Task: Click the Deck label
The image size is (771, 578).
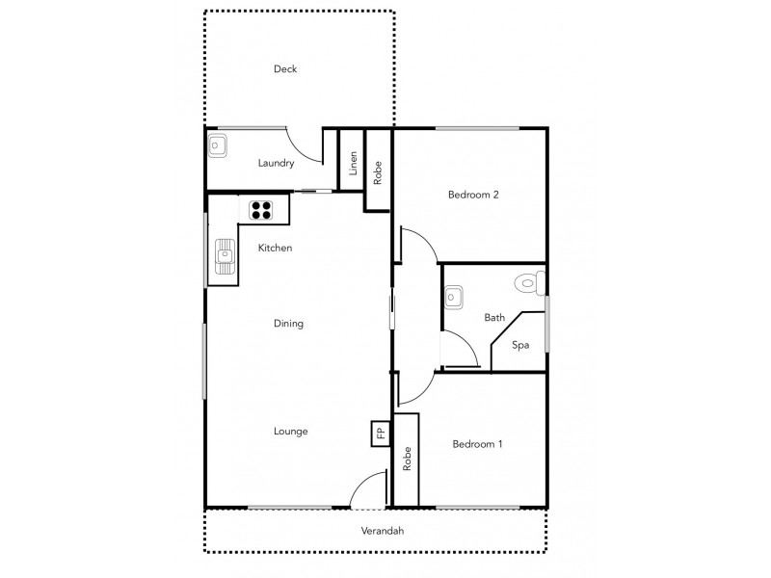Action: [x=285, y=68]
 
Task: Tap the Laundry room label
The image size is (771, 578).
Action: [x=276, y=163]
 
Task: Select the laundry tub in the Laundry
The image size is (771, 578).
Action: [x=217, y=146]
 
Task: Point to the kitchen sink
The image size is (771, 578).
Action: [x=224, y=257]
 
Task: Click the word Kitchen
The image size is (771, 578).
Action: [x=275, y=248]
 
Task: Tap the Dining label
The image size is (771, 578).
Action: [x=288, y=324]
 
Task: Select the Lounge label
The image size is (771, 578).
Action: [x=290, y=431]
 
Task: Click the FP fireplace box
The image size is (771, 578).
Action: [x=381, y=433]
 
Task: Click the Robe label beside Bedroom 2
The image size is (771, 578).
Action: [x=379, y=171]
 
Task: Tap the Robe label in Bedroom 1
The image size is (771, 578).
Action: [x=408, y=459]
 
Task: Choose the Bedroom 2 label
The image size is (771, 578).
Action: [x=473, y=195]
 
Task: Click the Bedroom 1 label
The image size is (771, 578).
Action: [x=478, y=444]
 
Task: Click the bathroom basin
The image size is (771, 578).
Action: [x=456, y=297]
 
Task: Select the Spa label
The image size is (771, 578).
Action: [x=520, y=345]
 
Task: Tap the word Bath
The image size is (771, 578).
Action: [x=494, y=317]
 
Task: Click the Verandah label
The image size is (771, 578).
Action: [x=383, y=531]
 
